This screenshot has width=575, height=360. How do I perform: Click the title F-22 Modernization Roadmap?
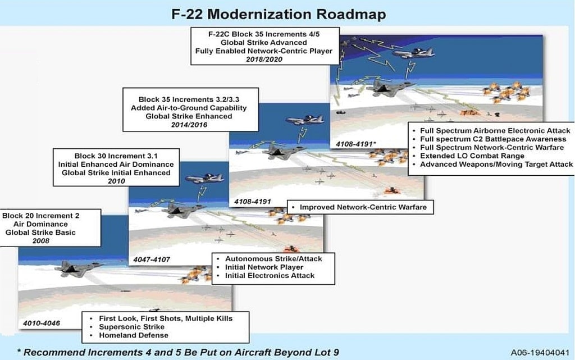[279, 13]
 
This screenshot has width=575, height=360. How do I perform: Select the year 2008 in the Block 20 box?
[49, 241]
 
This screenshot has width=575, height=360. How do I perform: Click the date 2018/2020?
[263, 60]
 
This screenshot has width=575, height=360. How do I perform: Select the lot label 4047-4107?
[152, 260]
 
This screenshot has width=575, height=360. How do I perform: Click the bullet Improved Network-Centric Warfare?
[363, 207]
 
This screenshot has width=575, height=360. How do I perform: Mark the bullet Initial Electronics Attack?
[270, 276]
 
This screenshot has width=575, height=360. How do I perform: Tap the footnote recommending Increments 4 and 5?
[179, 352]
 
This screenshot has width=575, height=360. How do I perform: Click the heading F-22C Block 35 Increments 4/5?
[263, 34]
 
